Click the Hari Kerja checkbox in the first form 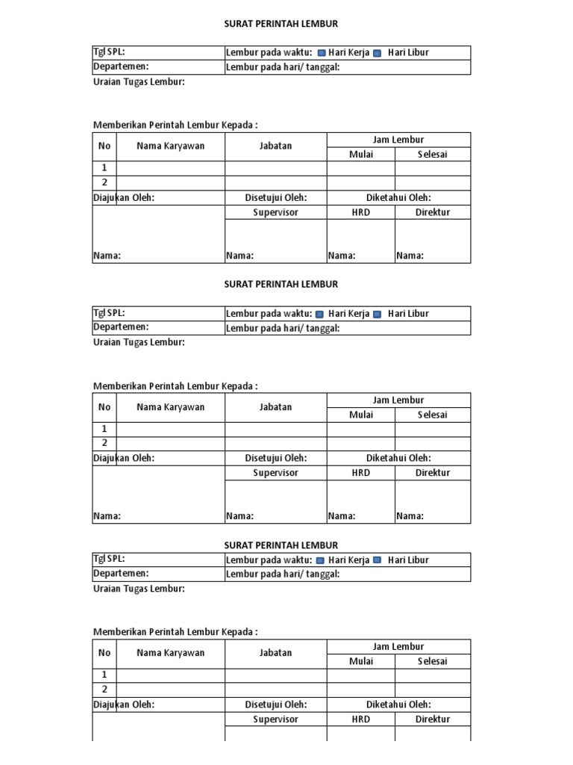pyautogui.click(x=322, y=53)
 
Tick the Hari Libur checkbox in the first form pyautogui.click(x=377, y=53)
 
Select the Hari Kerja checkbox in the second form pyautogui.click(x=320, y=315)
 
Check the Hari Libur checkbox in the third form pyautogui.click(x=377, y=560)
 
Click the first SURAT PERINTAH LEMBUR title pyautogui.click(x=281, y=24)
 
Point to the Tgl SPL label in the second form pyautogui.click(x=109, y=313)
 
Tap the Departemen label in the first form pyautogui.click(x=121, y=66)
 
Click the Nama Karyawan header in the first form pyautogui.click(x=170, y=146)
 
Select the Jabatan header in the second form pyautogui.click(x=275, y=407)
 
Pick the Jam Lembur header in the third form pyautogui.click(x=398, y=646)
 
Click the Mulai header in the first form pyautogui.click(x=361, y=155)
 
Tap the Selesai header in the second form pyautogui.click(x=432, y=415)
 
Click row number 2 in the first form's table pyautogui.click(x=104, y=182)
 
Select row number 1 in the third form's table pyautogui.click(x=104, y=675)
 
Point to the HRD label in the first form pyautogui.click(x=361, y=212)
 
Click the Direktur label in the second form pyautogui.click(x=433, y=473)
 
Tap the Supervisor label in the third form pyautogui.click(x=275, y=719)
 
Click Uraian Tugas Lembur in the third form pyautogui.click(x=139, y=589)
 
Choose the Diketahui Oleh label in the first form pyautogui.click(x=398, y=198)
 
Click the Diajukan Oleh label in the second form pyautogui.click(x=124, y=459)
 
